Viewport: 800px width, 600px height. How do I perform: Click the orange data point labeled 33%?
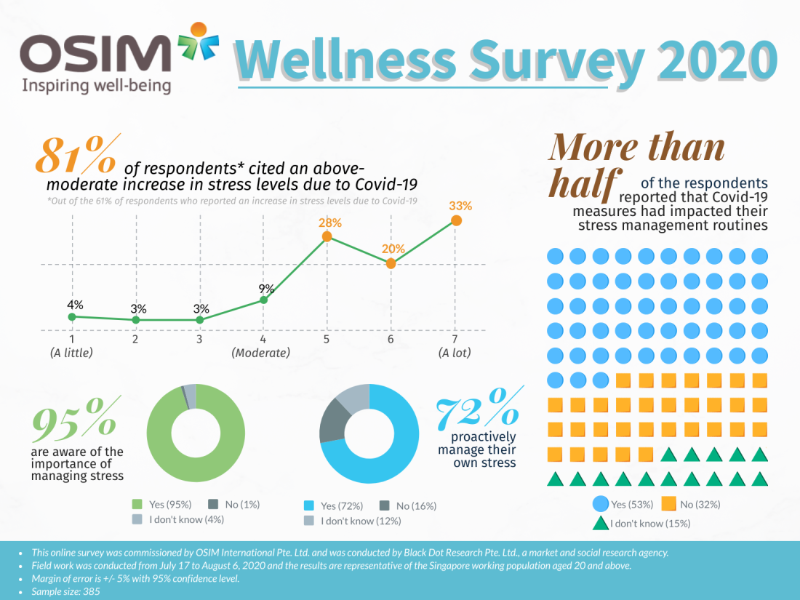coord(456,220)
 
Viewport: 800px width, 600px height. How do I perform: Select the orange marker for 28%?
coord(327,236)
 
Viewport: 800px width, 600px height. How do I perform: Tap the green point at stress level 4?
coord(263,300)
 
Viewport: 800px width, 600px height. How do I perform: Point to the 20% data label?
coord(391,248)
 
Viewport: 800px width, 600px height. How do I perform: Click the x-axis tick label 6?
coord(391,340)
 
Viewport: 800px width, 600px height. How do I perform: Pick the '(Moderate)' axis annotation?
coord(261,353)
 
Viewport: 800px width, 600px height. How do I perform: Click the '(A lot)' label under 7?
coord(455,353)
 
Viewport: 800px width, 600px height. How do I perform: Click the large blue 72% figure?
coord(477,407)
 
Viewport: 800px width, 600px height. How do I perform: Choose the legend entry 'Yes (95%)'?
coord(164,504)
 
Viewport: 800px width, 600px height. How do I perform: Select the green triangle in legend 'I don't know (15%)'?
coord(601,521)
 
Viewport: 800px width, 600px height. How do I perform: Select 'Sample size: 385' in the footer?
coord(66,591)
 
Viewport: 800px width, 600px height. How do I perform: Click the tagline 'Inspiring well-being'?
coord(97,86)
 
